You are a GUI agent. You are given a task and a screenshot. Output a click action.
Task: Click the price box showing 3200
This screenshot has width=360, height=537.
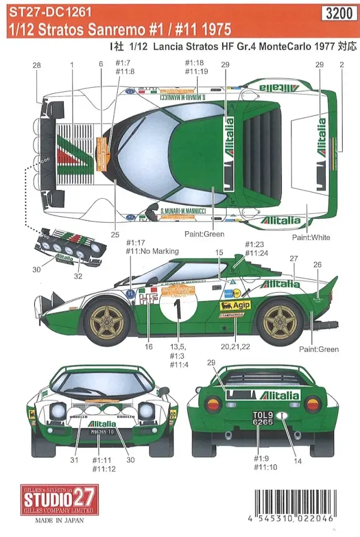tap(339, 15)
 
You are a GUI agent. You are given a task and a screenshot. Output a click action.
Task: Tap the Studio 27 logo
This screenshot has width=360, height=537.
tap(60, 500)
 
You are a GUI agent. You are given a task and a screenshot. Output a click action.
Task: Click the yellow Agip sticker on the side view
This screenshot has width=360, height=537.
tap(235, 305)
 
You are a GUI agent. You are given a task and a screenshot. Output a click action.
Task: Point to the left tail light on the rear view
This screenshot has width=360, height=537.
tap(213, 404)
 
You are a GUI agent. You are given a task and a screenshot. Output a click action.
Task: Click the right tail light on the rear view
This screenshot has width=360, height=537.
tap(312, 404)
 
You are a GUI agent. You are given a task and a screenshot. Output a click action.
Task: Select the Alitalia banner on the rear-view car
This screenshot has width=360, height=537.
tap(263, 396)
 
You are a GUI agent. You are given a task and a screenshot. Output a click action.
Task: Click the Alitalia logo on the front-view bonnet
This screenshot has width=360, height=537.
tap(102, 424)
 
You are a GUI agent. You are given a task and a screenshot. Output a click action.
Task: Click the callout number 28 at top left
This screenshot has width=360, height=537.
tap(37, 66)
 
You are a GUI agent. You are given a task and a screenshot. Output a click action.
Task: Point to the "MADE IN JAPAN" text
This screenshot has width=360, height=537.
tap(60, 520)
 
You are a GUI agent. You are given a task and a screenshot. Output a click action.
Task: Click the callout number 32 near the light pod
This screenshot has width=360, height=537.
tap(78, 276)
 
